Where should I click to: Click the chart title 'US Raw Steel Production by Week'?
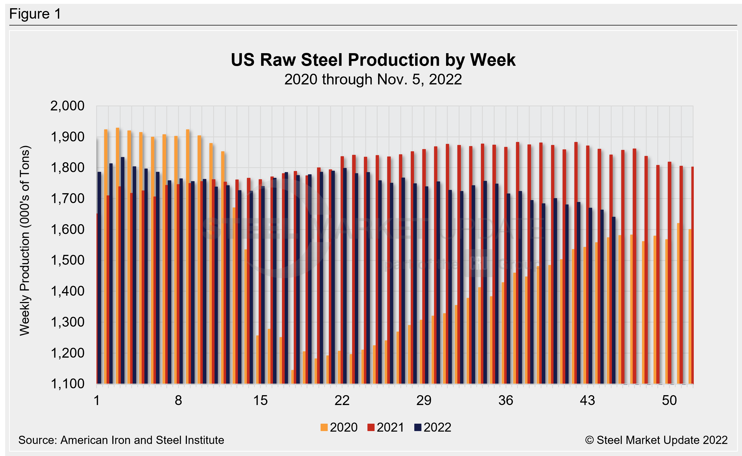(x=373, y=60)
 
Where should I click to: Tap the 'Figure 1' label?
(x=35, y=14)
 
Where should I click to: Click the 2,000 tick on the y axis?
(x=67, y=106)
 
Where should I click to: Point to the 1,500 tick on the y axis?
(x=67, y=260)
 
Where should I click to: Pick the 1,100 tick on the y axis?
(x=67, y=384)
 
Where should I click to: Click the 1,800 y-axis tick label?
(x=67, y=168)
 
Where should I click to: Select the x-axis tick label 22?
(x=342, y=401)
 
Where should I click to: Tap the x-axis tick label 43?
(x=587, y=401)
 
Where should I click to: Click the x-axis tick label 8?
(x=178, y=401)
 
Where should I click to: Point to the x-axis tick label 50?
(x=669, y=401)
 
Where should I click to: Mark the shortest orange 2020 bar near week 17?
(x=292, y=377)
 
